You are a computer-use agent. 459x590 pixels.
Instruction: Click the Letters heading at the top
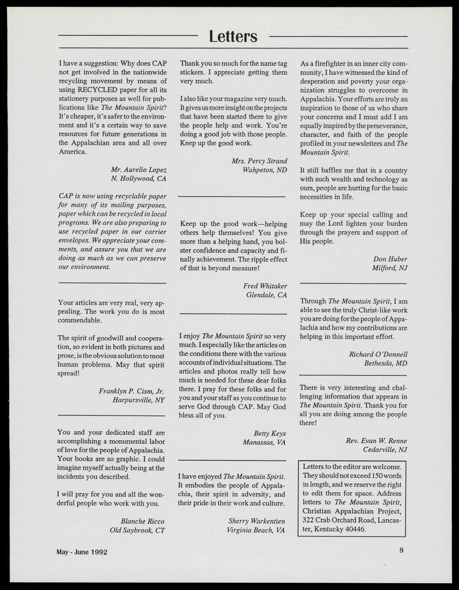pyautogui.click(x=233, y=37)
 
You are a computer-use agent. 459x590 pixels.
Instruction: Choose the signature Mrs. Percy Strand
pyautogui.click(x=259, y=161)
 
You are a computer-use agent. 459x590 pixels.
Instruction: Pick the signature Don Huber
pyautogui.click(x=390, y=259)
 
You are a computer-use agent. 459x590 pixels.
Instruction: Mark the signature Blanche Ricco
pyautogui.click(x=143, y=521)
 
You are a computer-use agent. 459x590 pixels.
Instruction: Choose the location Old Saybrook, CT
pyautogui.click(x=137, y=530)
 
